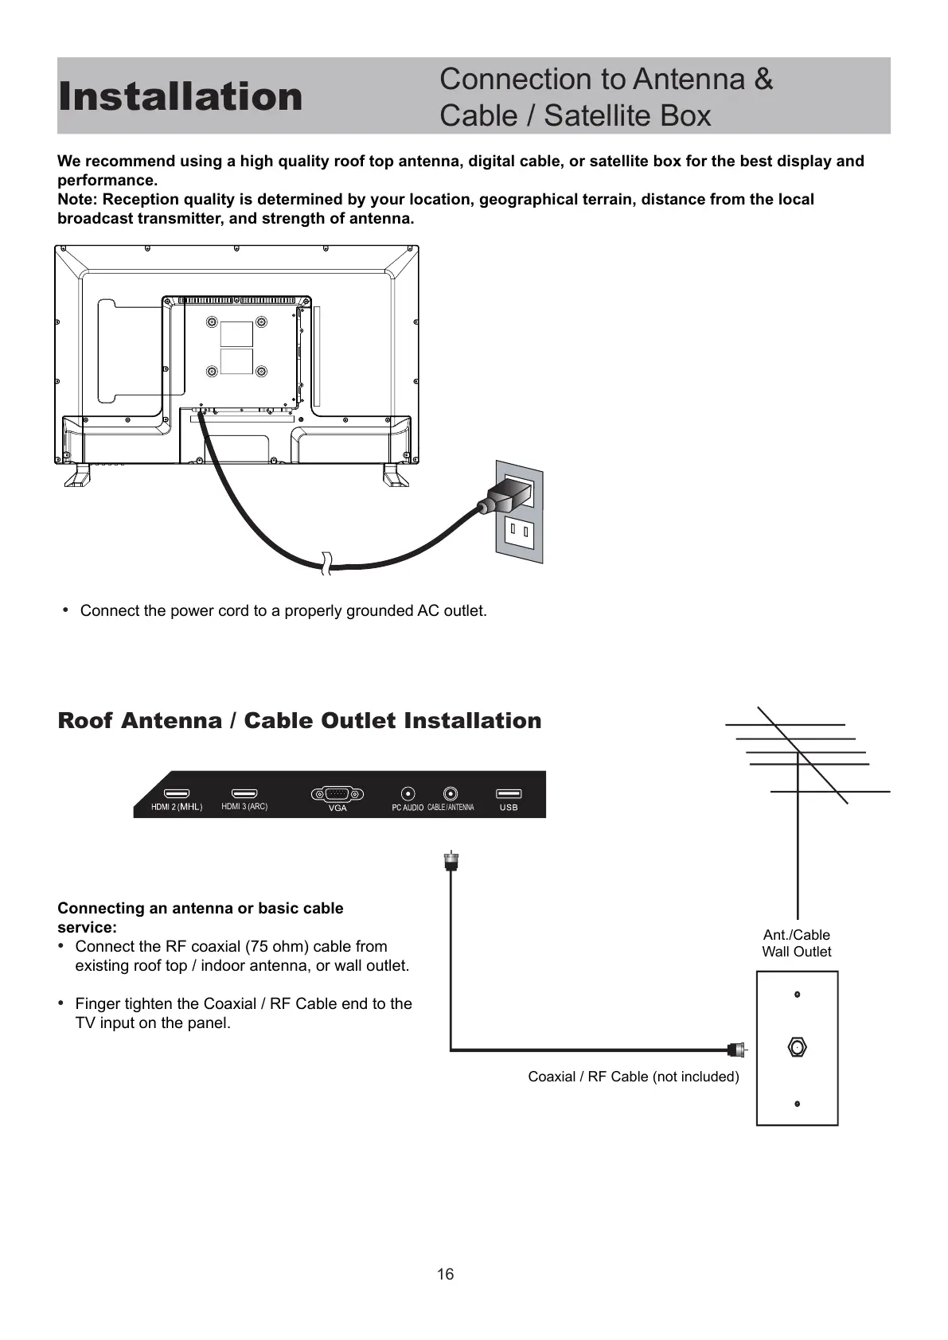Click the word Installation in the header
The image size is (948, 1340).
(181, 96)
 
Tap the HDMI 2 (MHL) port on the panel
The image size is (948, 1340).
(177, 794)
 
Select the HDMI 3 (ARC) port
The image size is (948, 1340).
(244, 794)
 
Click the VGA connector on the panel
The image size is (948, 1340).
(337, 794)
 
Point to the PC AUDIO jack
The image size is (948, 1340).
(408, 794)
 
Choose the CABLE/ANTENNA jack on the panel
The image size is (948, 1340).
(451, 794)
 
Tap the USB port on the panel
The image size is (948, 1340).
(509, 794)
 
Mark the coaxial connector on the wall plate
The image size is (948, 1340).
(797, 1047)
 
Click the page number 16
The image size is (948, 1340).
(445, 1274)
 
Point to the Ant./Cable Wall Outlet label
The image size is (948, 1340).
(796, 943)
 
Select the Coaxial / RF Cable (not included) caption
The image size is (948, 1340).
(634, 1077)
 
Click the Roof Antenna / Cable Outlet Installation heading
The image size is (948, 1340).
(299, 721)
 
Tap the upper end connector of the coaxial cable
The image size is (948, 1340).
(451, 861)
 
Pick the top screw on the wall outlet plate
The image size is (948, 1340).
(797, 995)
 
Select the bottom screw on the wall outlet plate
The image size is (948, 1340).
(797, 1104)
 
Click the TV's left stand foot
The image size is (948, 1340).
(78, 475)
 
